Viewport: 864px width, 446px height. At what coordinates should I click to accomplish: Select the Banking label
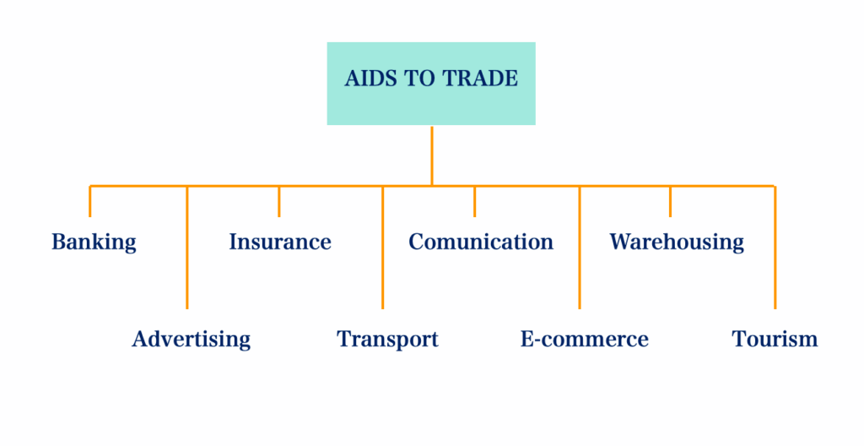point(94,242)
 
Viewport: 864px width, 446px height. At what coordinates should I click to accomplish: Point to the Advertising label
point(192,340)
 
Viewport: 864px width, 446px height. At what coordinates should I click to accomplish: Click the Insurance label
point(279,242)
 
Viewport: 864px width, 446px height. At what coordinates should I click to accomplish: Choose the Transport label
point(387,340)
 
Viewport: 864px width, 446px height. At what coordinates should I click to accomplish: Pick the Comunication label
point(481,242)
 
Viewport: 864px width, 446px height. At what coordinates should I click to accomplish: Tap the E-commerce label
point(584,340)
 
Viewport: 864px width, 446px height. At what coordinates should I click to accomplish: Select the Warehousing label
point(677,242)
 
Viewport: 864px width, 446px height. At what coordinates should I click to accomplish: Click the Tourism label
point(775,340)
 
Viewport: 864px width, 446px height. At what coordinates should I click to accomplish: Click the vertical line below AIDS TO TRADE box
point(431,155)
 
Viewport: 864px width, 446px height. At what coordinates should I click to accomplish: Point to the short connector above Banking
point(90,201)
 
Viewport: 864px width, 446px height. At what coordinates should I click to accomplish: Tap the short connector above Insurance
point(279,201)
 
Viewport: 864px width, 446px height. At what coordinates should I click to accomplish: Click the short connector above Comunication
point(474,201)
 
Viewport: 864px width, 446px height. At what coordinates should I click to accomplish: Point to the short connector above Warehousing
point(670,201)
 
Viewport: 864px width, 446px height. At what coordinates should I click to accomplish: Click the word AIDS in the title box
point(364,79)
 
